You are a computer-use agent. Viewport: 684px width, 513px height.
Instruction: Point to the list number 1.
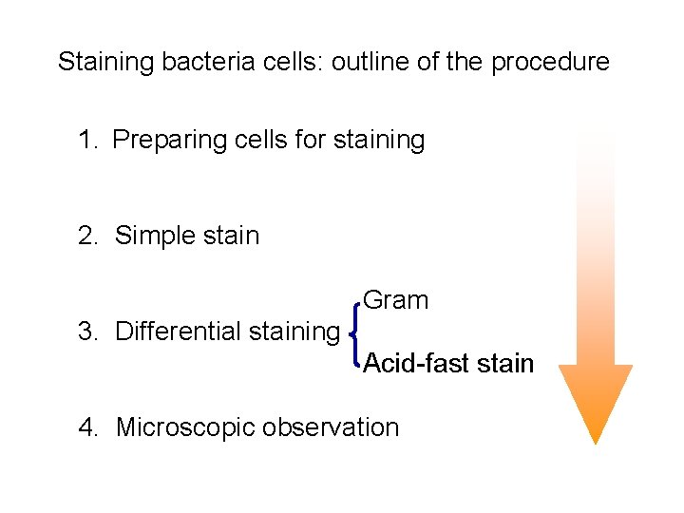[88, 141]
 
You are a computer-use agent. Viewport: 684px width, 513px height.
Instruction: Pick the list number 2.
[88, 236]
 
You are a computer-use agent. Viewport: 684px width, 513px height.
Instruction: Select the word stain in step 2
[230, 236]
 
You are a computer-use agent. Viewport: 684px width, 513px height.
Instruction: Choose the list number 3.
[88, 332]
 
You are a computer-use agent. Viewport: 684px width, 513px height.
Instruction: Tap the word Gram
[396, 301]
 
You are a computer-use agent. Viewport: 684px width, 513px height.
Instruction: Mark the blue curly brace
[354, 332]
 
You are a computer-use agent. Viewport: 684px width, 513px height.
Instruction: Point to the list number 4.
[88, 427]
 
